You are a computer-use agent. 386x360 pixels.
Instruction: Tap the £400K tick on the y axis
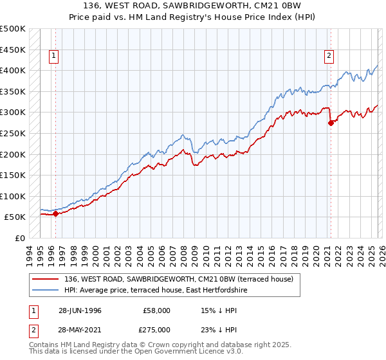13,70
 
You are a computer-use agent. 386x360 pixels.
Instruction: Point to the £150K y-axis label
13,175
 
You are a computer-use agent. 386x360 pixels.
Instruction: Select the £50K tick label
15,217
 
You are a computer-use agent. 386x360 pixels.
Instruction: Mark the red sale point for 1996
55,214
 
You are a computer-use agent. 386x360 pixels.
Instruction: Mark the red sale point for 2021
331,123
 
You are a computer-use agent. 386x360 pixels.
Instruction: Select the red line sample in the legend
46,279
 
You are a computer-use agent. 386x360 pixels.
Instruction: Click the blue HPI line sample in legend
46,290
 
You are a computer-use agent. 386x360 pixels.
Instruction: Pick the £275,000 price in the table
157,329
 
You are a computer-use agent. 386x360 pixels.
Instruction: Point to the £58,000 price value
157,310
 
